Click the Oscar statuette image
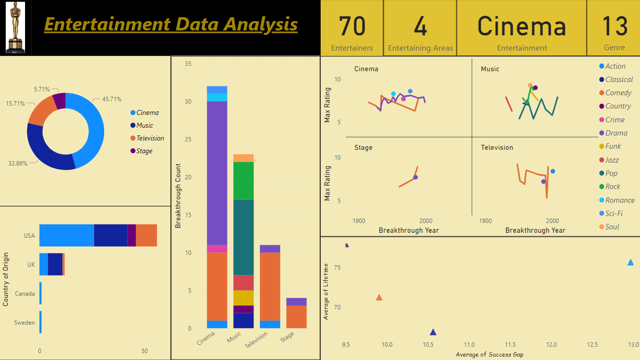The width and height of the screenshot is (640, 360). [x=15, y=28]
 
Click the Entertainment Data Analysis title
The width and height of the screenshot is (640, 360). [x=170, y=24]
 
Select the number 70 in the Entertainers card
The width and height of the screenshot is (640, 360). [x=352, y=27]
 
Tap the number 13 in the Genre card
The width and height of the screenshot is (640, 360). [x=614, y=27]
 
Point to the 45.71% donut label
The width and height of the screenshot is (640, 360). [x=111, y=99]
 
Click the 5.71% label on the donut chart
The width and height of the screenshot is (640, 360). [x=42, y=89]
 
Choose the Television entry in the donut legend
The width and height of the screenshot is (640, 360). [x=150, y=138]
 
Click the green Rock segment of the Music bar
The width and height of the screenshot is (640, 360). [x=244, y=180]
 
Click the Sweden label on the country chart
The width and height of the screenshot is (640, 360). [x=25, y=323]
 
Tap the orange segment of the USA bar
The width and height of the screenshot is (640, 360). [x=146, y=235]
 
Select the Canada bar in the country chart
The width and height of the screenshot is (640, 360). [x=40, y=293]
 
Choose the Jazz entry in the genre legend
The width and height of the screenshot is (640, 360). [x=612, y=160]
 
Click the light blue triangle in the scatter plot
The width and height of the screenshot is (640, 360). [x=630, y=262]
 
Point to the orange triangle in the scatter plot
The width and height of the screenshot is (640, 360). [x=379, y=297]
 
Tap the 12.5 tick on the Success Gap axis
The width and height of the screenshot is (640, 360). [x=592, y=345]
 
